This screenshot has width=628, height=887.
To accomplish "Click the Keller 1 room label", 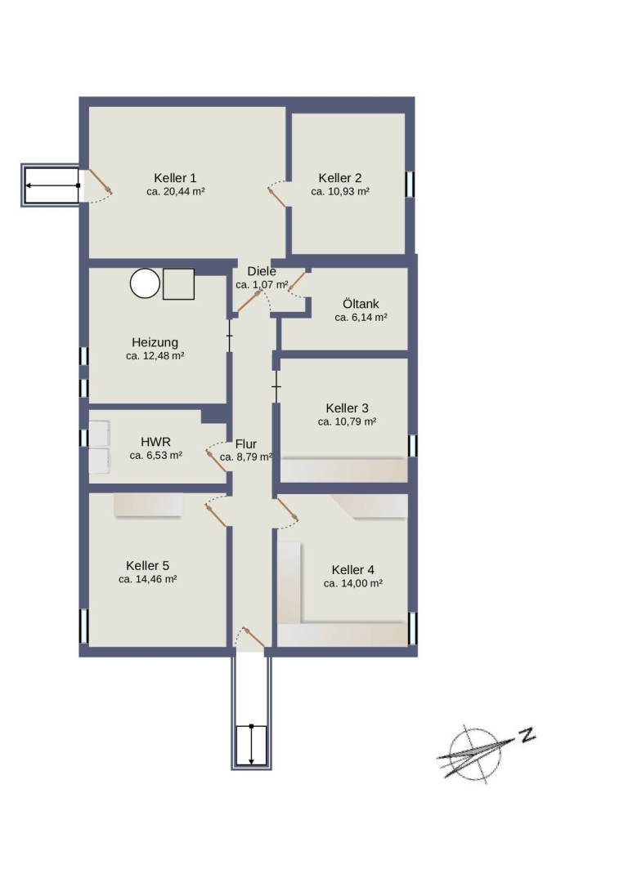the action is click(175, 177).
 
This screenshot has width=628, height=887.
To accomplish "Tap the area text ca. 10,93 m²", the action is click(340, 192).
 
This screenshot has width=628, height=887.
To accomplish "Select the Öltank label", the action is click(361, 303).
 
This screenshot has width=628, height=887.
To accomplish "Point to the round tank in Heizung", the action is click(145, 283).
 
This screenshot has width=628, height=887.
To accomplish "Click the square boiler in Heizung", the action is click(178, 284).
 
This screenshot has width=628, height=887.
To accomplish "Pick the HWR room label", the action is click(155, 442).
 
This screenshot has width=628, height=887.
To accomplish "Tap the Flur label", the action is click(246, 444).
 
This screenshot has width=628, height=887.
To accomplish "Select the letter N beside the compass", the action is click(527, 735).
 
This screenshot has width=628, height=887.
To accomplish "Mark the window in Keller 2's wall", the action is click(410, 185).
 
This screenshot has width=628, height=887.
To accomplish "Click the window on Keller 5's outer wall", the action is click(83, 626).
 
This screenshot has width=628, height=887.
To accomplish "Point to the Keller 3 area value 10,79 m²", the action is click(348, 422).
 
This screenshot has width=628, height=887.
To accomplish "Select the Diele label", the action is click(262, 271).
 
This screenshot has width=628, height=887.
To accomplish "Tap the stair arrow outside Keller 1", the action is click(52, 185).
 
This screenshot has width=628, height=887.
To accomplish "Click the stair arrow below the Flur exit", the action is click(251, 744).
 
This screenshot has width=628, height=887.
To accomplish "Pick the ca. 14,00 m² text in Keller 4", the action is click(352, 584).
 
